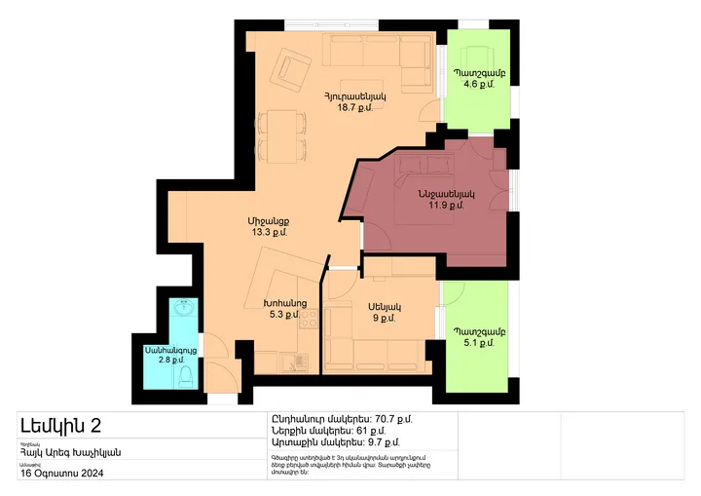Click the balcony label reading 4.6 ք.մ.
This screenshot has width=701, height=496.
pos(479,85)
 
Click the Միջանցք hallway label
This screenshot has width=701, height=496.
pos(268,221)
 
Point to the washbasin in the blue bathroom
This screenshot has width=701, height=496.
pos(182,310)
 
